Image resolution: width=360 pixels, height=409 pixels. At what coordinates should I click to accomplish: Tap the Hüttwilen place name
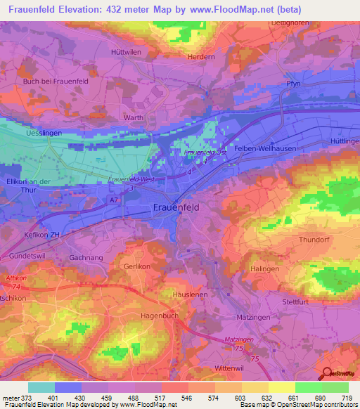127,52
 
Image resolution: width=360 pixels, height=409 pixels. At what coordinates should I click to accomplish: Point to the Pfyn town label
294,84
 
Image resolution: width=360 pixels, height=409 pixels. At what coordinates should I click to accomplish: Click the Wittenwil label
229,368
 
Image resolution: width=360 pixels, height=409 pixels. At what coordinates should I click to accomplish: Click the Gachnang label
85,258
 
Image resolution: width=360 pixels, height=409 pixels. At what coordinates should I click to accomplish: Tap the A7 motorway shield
114,200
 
